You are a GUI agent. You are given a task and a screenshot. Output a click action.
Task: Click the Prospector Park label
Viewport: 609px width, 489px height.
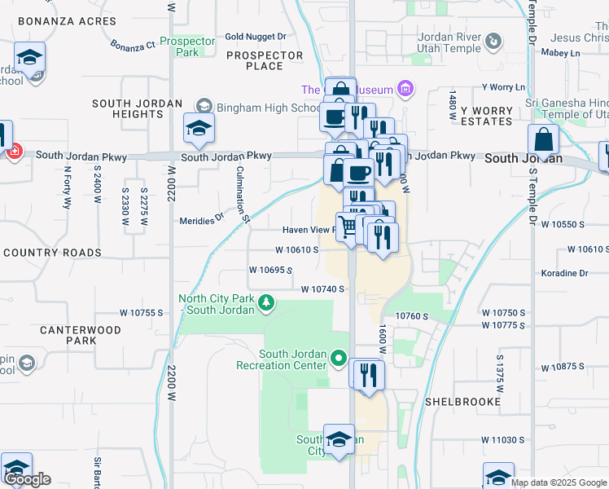(x=187, y=46)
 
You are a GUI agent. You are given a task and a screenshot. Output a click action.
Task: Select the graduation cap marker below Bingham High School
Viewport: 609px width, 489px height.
(x=198, y=128)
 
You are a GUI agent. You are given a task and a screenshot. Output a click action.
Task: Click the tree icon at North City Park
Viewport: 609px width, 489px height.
(x=265, y=303)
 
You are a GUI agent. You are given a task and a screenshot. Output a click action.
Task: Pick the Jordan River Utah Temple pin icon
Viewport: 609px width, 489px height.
(x=493, y=41)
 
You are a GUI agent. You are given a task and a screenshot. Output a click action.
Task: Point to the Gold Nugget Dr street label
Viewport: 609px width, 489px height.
(x=256, y=37)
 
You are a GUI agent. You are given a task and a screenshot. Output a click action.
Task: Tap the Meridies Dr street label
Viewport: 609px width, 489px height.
(x=201, y=219)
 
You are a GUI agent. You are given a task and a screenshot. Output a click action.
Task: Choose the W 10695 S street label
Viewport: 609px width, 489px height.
(x=270, y=269)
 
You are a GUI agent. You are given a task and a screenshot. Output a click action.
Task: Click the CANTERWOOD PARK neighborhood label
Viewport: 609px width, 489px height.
(x=80, y=335)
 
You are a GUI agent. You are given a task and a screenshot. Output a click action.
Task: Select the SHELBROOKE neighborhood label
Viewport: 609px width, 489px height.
(x=456, y=402)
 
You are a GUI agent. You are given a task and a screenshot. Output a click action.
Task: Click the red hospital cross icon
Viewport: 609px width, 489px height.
(x=14, y=152)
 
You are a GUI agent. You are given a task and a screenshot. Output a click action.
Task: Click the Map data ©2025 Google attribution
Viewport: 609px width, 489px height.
(x=559, y=482)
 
